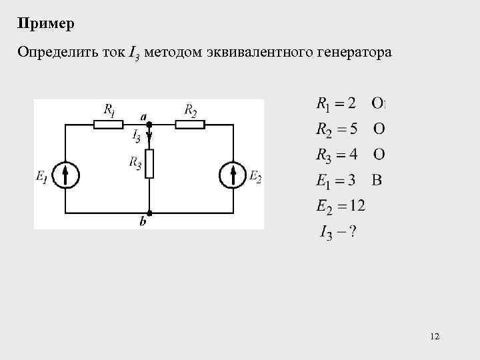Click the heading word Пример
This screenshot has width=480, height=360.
[47, 25]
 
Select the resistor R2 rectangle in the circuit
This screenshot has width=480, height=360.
[190, 124]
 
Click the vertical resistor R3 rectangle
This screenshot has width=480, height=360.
[149, 164]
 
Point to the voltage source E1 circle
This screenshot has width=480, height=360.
[65, 176]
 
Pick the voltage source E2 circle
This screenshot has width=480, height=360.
[233, 176]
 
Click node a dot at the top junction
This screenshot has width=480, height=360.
[149, 124]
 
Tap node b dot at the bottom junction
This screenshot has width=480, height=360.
[149, 213]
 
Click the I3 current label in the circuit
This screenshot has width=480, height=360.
[137, 137]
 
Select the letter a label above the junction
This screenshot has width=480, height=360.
[144, 115]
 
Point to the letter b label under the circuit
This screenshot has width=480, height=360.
[143, 223]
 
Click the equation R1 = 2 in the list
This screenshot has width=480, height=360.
[336, 103]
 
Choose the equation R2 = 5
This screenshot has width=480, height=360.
[336, 129]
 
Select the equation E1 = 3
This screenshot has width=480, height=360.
[336, 180]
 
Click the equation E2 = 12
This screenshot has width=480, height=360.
[340, 206]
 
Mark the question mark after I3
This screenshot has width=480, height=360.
[351, 232]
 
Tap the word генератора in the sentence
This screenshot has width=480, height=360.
[353, 52]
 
